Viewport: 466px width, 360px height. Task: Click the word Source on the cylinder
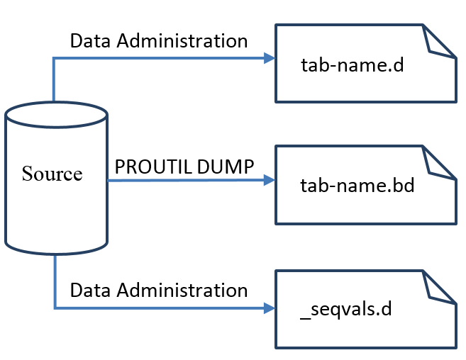tap(52, 174)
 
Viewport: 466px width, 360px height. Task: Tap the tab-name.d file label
tap(353, 64)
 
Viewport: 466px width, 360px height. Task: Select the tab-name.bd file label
tap(357, 186)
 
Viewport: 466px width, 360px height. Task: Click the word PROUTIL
tap(153, 167)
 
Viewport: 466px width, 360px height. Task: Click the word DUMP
tap(226, 167)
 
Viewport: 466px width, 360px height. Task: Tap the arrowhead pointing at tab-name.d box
tap(270, 58)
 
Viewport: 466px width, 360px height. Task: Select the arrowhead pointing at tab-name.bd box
tap(270, 180)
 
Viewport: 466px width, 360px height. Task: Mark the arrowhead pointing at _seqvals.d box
tap(270, 308)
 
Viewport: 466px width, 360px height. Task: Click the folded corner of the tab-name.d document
tap(436, 43)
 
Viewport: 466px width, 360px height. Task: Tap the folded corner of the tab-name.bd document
tap(436, 164)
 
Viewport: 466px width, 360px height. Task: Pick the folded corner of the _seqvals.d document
tap(436, 288)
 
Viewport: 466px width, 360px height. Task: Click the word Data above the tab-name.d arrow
tap(90, 40)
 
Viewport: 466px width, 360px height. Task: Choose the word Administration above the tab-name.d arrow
tap(182, 40)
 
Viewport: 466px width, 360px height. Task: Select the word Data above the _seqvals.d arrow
tap(90, 291)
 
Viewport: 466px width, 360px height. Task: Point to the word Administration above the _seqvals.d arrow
tap(182, 291)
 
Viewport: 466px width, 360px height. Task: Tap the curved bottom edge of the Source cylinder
tap(56, 254)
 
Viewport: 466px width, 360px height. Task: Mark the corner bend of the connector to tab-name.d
tap(54, 58)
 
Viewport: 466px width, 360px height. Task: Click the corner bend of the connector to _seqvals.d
tap(55, 308)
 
